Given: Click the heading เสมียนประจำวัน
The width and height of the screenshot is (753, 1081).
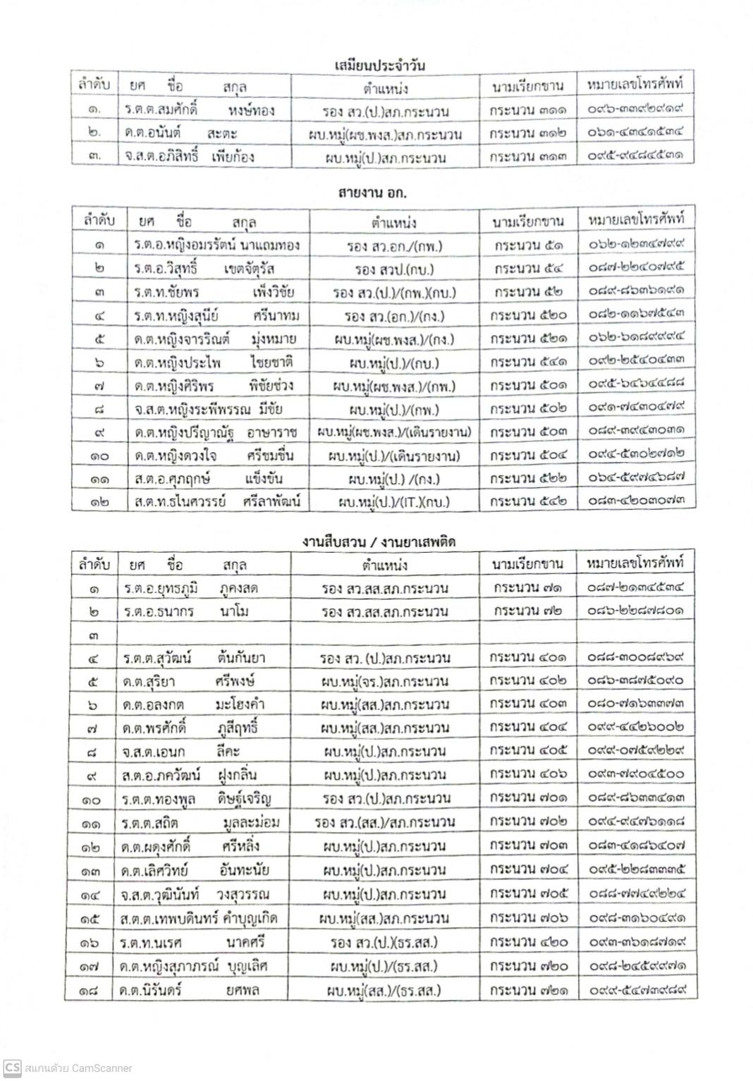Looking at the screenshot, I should [379, 66].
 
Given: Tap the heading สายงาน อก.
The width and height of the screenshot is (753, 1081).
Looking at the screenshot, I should [373, 193].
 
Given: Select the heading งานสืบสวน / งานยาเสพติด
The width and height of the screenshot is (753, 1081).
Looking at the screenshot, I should [379, 542].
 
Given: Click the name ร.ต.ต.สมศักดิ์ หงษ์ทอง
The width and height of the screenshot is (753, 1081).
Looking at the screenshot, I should [199, 111].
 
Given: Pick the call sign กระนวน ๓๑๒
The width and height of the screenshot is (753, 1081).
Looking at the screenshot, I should [528, 133].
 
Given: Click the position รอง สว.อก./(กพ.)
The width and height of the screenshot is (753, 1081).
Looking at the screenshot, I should [394, 246].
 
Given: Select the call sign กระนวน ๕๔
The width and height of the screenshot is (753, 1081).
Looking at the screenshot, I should [528, 269].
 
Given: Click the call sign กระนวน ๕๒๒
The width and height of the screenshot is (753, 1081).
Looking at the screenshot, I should [528, 479].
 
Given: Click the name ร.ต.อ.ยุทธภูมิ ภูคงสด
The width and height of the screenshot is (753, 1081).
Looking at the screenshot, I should [190, 588].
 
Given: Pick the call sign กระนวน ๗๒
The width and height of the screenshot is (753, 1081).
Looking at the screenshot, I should [528, 611].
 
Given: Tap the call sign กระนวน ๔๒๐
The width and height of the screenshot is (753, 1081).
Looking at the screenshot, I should [528, 942].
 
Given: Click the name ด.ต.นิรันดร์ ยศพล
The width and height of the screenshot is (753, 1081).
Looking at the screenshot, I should [190, 990].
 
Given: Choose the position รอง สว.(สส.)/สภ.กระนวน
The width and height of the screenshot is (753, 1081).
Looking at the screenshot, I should [385, 822].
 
